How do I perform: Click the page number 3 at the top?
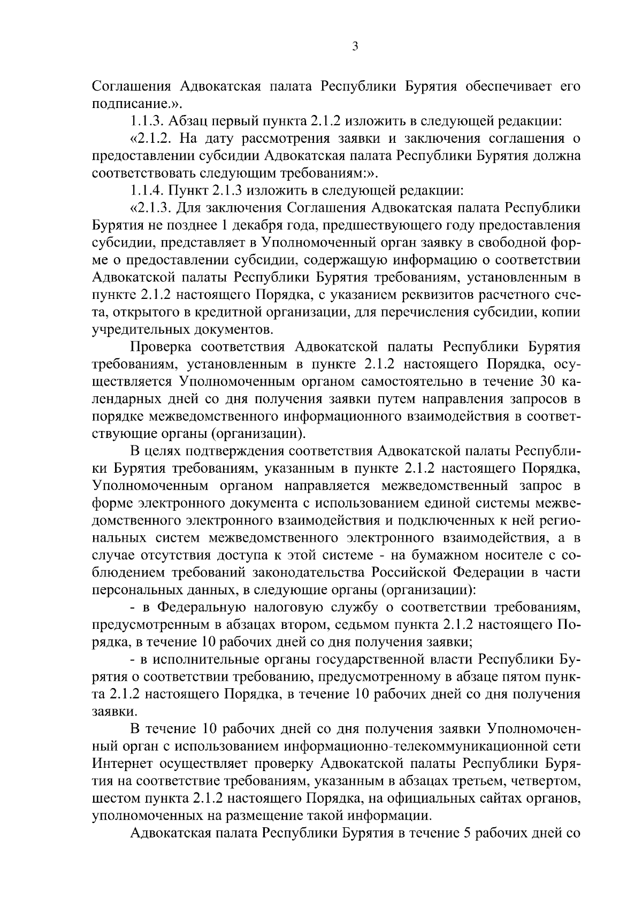(355, 47)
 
